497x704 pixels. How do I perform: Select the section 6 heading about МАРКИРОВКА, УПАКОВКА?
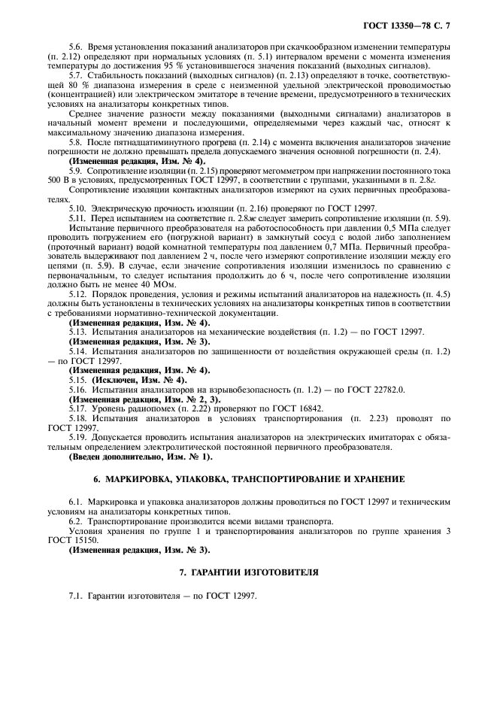click(248, 478)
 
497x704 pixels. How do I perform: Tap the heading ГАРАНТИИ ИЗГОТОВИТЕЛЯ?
click(248, 572)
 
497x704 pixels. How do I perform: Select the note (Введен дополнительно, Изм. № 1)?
click(141, 456)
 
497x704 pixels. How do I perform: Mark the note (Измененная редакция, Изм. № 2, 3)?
click(144, 399)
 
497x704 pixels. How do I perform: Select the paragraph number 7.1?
click(75, 596)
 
